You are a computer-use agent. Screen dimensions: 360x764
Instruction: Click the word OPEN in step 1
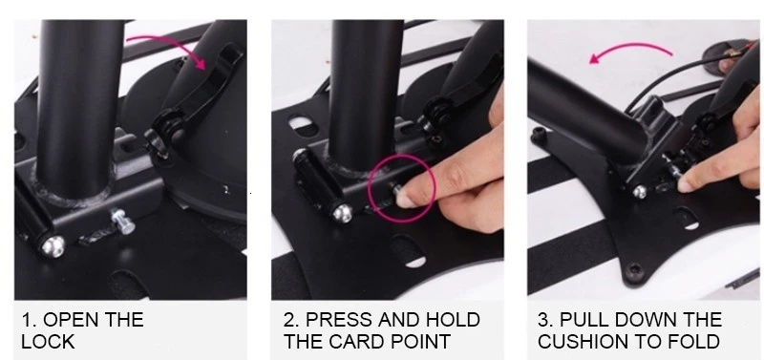78,320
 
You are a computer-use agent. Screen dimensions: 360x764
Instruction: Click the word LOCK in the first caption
47,342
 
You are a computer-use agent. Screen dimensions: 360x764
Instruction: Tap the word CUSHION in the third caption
585,342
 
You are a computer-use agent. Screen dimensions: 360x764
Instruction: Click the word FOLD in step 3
692,342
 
